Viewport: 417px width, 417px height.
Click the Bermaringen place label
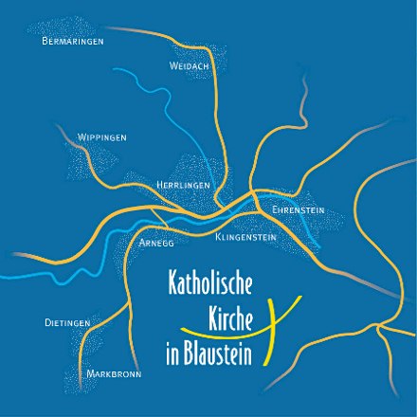tap(73, 42)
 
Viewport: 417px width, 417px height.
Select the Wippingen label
tap(102, 138)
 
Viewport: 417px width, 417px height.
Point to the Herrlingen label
tap(183, 186)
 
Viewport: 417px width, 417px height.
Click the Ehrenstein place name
tap(299, 208)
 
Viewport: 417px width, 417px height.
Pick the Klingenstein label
tap(245, 237)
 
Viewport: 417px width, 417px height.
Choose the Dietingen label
tap(67, 323)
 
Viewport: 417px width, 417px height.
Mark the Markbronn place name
tap(113, 374)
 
